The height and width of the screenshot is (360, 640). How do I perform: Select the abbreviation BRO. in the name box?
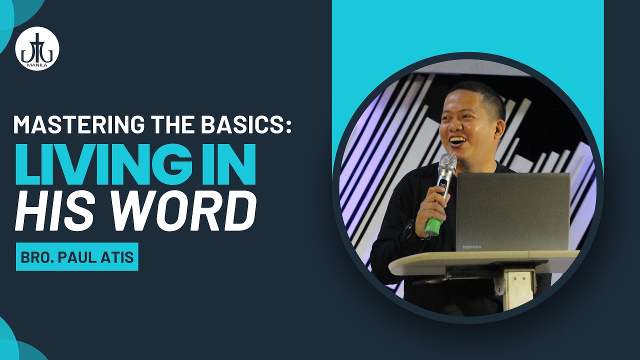37,257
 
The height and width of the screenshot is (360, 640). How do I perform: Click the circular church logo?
37,49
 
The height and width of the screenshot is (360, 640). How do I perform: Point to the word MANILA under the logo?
37,65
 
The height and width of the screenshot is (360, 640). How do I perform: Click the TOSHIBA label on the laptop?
471,247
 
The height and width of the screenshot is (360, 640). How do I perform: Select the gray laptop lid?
513,212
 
